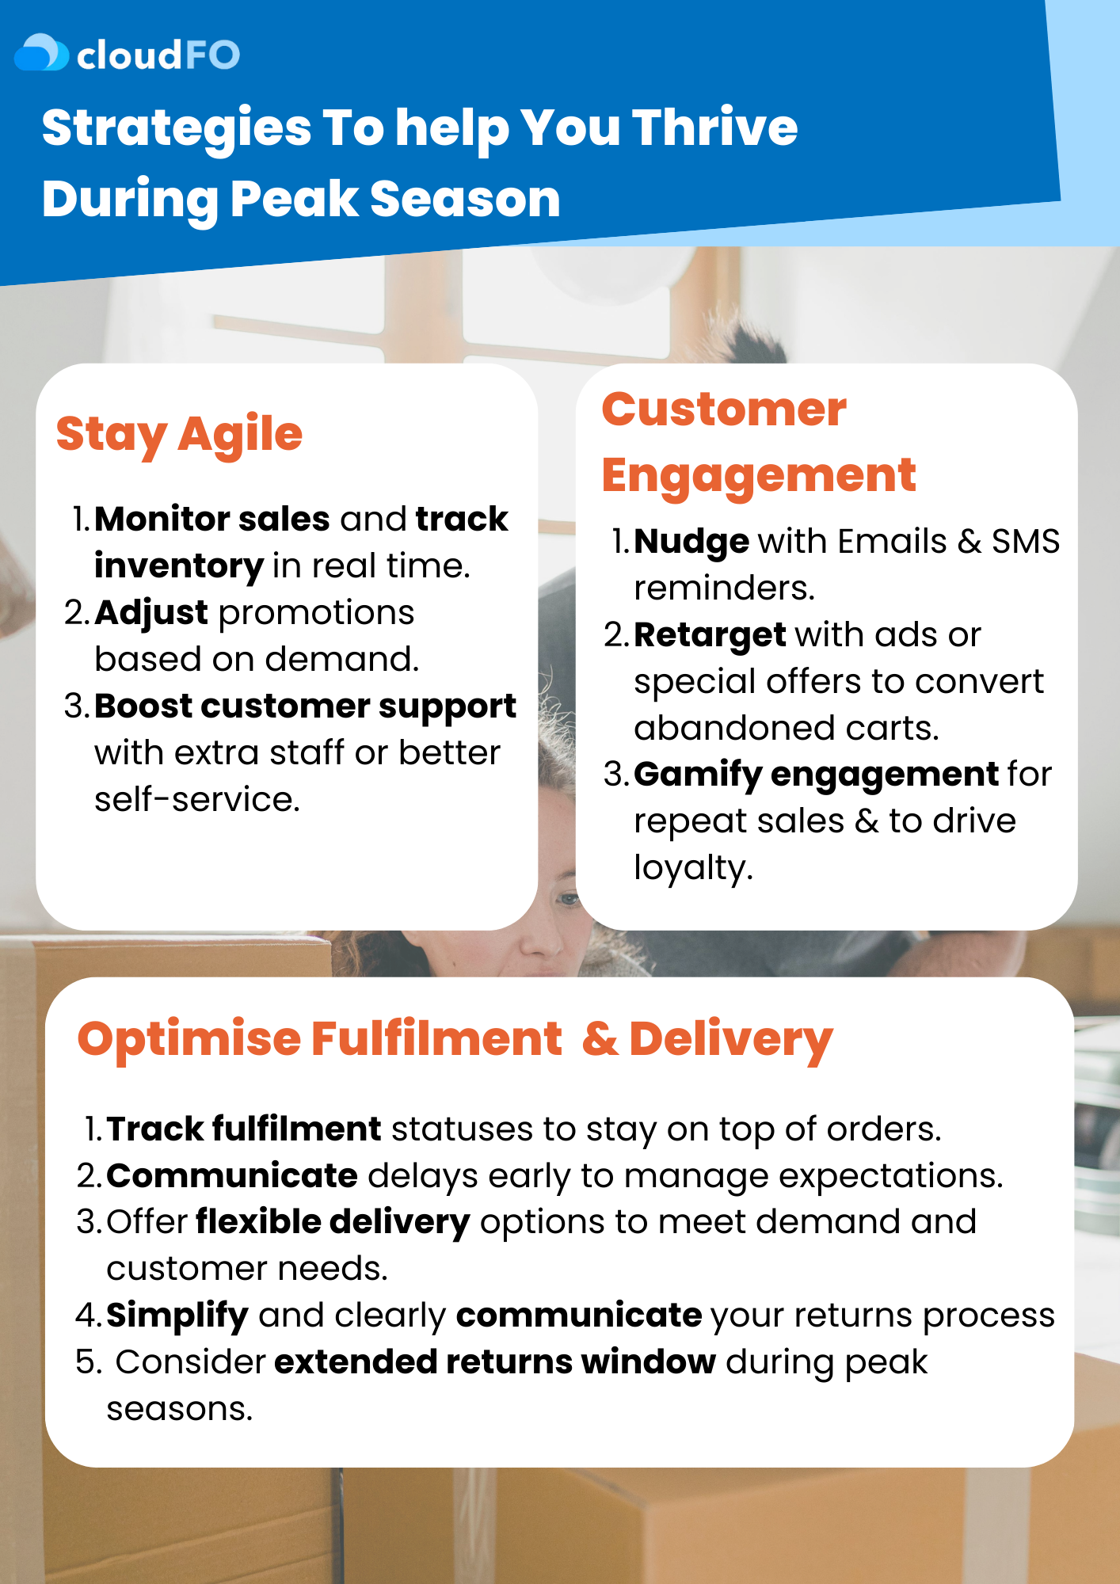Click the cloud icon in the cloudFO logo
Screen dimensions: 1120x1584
41,52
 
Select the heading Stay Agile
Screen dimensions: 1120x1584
179,435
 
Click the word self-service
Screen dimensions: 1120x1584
197,799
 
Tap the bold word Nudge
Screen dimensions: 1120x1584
691,543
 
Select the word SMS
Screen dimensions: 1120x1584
1026,542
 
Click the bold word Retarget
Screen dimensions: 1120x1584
710,636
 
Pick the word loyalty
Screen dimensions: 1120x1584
693,869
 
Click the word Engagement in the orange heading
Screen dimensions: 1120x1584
759,477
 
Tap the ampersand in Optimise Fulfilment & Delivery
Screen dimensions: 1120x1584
600,1039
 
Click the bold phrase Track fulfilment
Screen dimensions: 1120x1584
244,1129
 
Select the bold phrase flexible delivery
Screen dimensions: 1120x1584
333,1223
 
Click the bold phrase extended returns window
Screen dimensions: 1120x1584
495,1362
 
